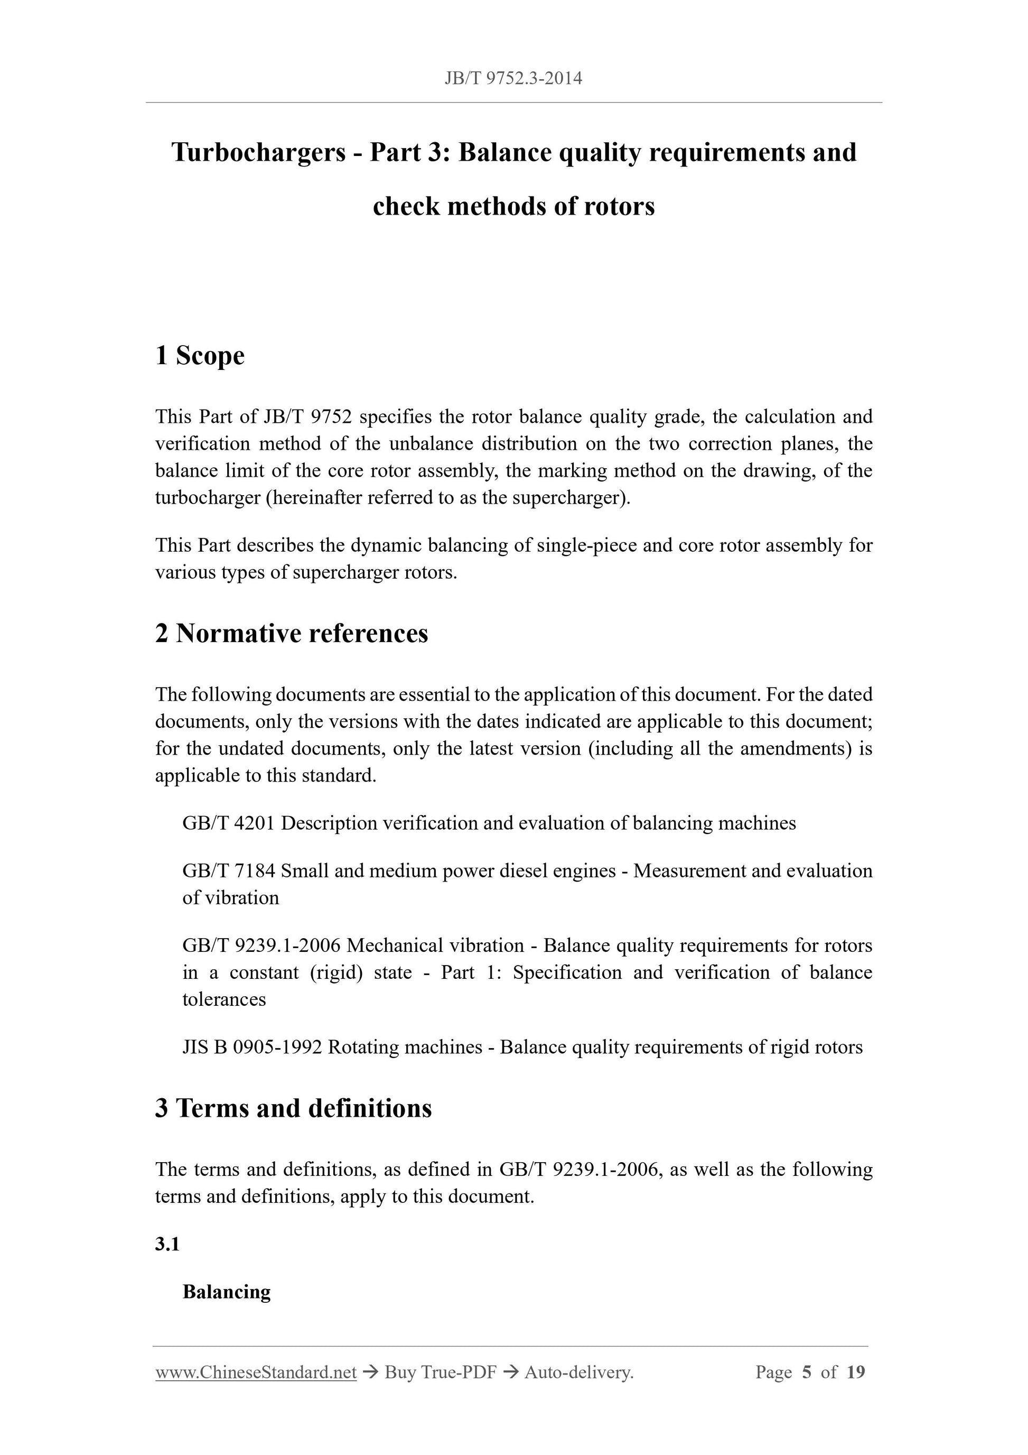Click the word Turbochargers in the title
coord(258,153)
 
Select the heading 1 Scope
coord(200,356)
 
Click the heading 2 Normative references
coord(292,633)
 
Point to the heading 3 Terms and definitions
coord(293,1108)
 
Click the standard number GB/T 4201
coord(229,823)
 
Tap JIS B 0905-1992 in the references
coord(252,1047)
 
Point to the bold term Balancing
coord(226,1292)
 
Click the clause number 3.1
coord(167,1244)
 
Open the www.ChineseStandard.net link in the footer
coord(256,1373)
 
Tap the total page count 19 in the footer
coord(855,1373)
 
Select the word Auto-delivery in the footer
coord(578,1373)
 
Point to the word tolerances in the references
coord(224,999)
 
